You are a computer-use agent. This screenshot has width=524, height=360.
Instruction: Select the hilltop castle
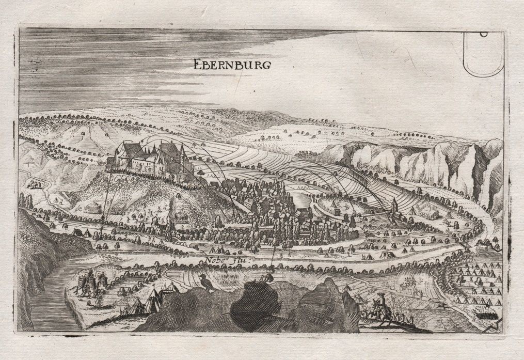[150, 158]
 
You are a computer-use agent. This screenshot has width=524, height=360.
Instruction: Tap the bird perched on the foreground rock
[206, 281]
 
